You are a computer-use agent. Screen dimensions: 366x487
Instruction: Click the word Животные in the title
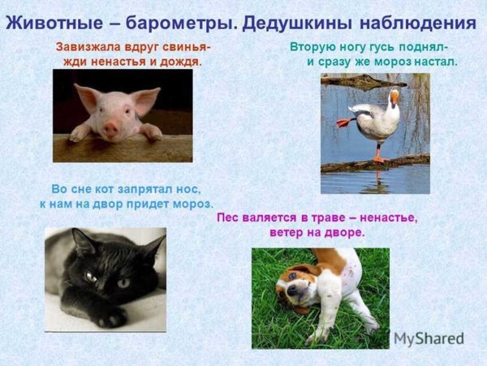click(x=51, y=21)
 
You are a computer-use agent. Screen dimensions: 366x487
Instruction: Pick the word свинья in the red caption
click(x=187, y=47)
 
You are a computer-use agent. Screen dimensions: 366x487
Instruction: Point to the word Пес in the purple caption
click(x=231, y=217)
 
